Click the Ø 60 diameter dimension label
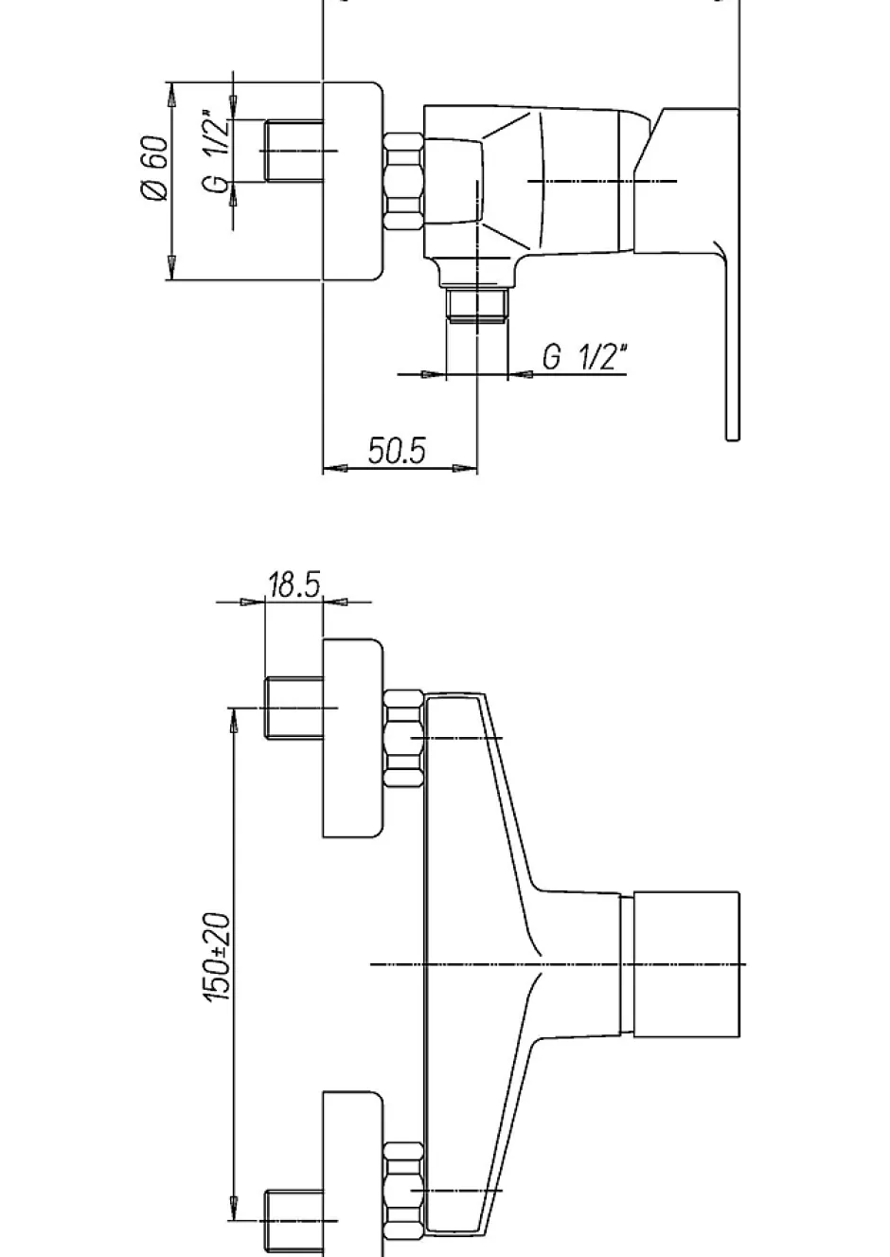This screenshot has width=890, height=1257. [154, 168]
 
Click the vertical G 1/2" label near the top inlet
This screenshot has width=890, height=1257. [218, 152]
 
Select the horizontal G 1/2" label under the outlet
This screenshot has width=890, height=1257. [584, 356]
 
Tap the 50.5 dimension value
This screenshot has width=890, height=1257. [397, 450]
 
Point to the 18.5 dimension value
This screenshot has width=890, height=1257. [294, 584]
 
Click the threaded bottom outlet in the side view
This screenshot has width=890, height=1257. [477, 304]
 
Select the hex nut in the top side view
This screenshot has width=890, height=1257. [403, 181]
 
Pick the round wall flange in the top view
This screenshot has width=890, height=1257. [353, 181]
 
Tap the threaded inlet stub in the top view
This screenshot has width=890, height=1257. [294, 151]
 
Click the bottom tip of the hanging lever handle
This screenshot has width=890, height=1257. [733, 440]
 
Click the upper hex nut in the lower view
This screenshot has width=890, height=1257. [403, 739]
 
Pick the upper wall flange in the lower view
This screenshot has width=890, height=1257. [353, 739]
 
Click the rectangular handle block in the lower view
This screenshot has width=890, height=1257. [686, 964]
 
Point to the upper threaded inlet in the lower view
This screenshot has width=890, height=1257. [294, 709]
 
